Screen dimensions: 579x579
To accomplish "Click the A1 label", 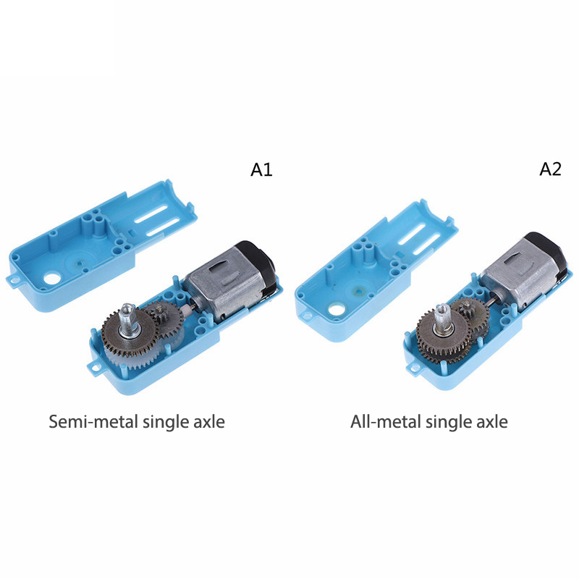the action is pyautogui.click(x=261, y=169).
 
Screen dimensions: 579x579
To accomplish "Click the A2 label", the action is pyautogui.click(x=550, y=169).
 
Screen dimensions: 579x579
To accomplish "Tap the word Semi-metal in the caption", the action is pyautogui.click(x=93, y=421).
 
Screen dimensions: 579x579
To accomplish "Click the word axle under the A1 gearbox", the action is pyautogui.click(x=209, y=421).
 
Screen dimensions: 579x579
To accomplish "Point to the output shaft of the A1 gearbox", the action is pyautogui.click(x=128, y=320).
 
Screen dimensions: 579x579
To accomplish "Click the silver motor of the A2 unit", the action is pyautogui.click(x=520, y=271).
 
